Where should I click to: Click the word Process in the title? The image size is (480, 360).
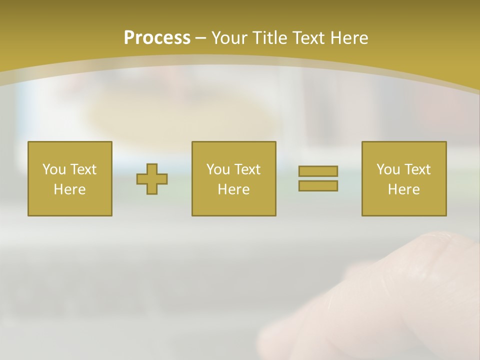coord(157,38)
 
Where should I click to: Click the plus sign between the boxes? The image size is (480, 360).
coord(152,179)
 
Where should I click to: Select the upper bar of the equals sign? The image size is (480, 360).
coord(318,171)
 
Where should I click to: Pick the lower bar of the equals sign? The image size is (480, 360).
coord(318,185)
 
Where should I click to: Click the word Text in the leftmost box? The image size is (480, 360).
coord(83,169)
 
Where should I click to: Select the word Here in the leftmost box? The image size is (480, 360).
coord(70,189)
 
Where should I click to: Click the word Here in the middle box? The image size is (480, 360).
coord(234,189)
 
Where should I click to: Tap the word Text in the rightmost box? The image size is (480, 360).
coord(417,169)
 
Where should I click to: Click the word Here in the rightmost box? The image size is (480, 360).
coord(404,189)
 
